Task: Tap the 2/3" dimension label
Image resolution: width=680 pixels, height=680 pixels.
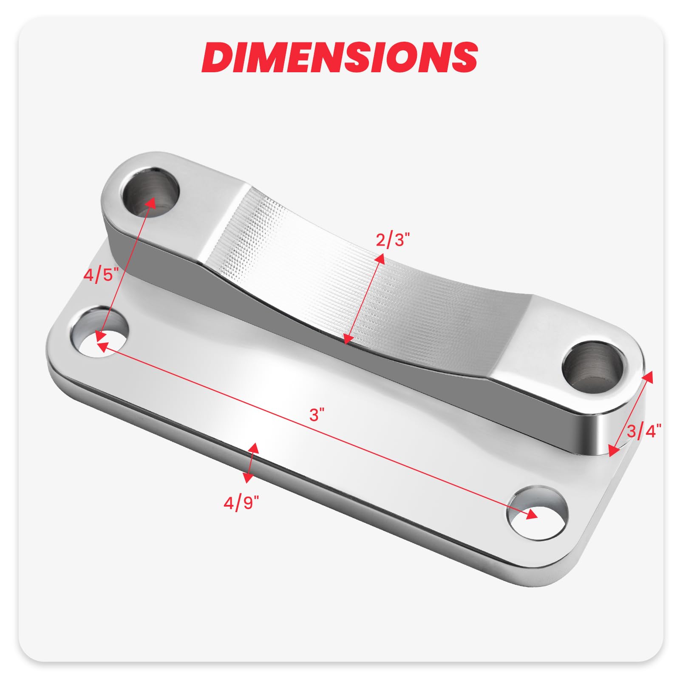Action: click(x=392, y=240)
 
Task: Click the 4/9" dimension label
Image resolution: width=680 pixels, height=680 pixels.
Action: click(x=241, y=503)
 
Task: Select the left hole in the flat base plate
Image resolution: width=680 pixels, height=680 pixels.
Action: click(x=99, y=331)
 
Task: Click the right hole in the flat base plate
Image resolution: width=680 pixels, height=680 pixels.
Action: click(x=538, y=513)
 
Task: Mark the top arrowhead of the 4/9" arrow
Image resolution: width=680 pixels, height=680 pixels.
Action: click(x=254, y=448)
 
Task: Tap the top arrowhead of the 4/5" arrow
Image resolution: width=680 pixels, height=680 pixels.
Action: click(x=150, y=202)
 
